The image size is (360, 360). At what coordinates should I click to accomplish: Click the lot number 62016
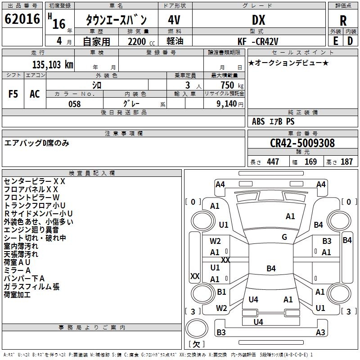click(x=22, y=19)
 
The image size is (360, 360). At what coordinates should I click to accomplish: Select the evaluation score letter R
click(x=343, y=21)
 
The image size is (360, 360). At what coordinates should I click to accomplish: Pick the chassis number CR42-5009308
click(x=302, y=143)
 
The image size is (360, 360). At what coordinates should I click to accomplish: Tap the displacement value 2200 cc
click(x=138, y=41)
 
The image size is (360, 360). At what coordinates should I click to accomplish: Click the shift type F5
click(x=13, y=94)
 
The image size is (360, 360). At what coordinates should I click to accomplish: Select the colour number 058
click(x=74, y=104)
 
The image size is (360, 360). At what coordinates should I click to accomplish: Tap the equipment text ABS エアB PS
click(x=273, y=121)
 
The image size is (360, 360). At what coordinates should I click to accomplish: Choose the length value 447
click(x=273, y=162)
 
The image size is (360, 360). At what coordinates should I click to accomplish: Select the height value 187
click(x=346, y=162)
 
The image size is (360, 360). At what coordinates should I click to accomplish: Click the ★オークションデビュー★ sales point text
click(x=288, y=63)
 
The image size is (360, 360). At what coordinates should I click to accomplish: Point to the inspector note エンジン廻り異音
click(x=31, y=230)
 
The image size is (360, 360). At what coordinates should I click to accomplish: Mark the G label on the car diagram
click(x=284, y=237)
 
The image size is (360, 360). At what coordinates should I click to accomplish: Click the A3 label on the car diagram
click(x=320, y=333)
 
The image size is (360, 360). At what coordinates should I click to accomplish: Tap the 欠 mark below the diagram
click(x=196, y=344)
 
